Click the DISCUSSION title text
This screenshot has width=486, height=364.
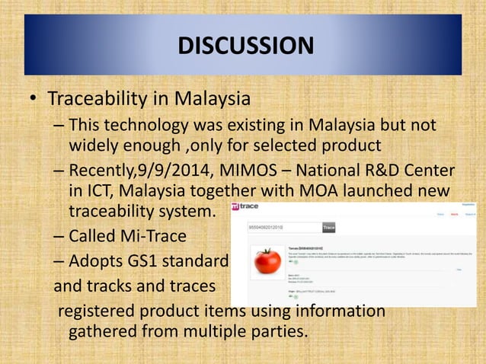[x=245, y=46]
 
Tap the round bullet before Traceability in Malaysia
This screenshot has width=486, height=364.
[x=33, y=101]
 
